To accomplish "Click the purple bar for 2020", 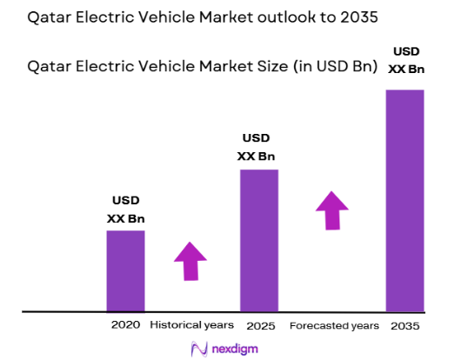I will tap(125, 270).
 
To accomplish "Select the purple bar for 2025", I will tap(259, 240).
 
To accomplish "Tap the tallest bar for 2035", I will tap(404, 200).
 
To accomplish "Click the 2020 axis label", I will tap(125, 325).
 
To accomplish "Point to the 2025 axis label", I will tap(260, 325).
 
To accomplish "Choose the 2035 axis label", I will tap(406, 325).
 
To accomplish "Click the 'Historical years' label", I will tap(191, 325).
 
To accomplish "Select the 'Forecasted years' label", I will tap(334, 325).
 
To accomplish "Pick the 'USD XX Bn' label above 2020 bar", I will tap(125, 210).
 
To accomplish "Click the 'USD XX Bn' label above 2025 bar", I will tap(256, 147).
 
